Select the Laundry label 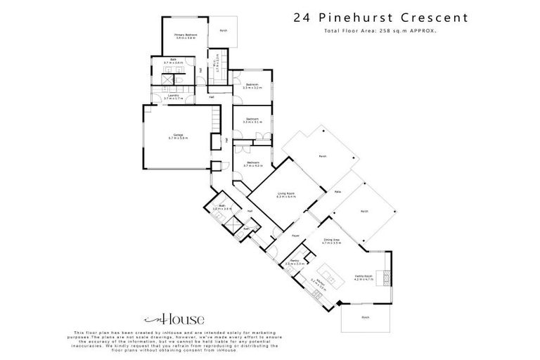pyautogui.click(x=173, y=97)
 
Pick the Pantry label pyautogui.click(x=295, y=263)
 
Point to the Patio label pyautogui.click(x=337, y=191)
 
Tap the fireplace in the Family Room pyautogui.click(x=384, y=276)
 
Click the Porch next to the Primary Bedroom pyautogui.click(x=224, y=32)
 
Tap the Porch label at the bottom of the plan pyautogui.click(x=366, y=317)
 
